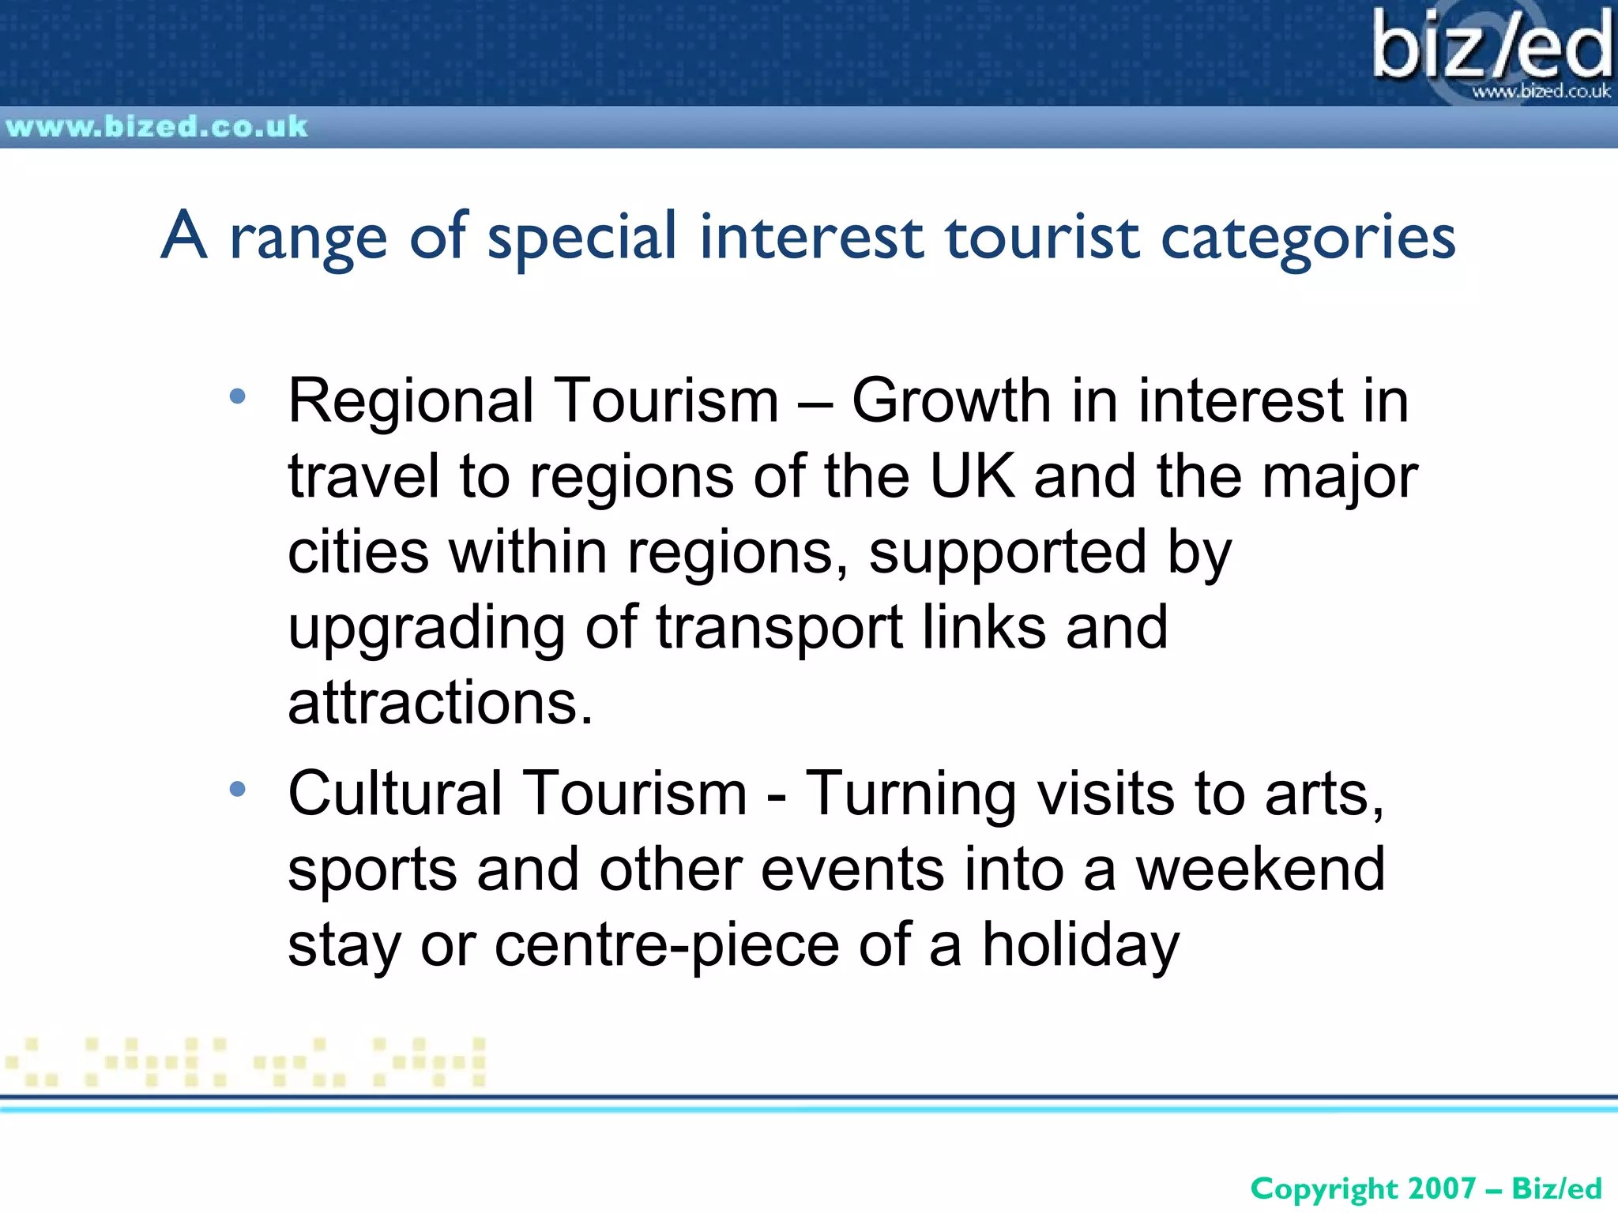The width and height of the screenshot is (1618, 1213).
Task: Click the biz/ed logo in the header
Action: [1490, 47]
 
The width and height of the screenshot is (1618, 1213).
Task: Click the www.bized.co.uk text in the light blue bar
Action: [156, 126]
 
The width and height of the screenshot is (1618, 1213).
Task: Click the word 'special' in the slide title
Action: [582, 236]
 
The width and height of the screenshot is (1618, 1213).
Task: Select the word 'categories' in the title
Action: [1308, 238]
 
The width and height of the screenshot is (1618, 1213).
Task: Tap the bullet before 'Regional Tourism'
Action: [237, 396]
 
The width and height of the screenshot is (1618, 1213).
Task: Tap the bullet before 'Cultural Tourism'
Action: [237, 789]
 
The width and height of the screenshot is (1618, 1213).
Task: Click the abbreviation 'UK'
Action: [973, 476]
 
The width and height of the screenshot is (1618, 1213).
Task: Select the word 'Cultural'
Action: [395, 793]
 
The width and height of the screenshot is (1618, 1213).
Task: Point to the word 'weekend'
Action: [1260, 869]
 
